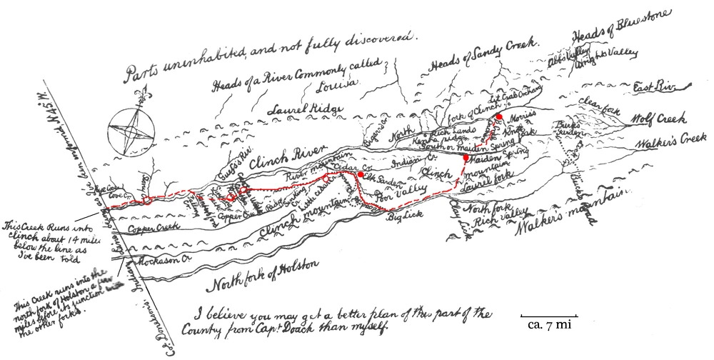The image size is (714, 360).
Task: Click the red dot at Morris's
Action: coord(500,116)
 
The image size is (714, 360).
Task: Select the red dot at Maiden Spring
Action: coord(466,157)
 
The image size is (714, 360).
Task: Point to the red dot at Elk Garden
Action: coord(361,174)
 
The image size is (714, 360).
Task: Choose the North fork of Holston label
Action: coord(261,274)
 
